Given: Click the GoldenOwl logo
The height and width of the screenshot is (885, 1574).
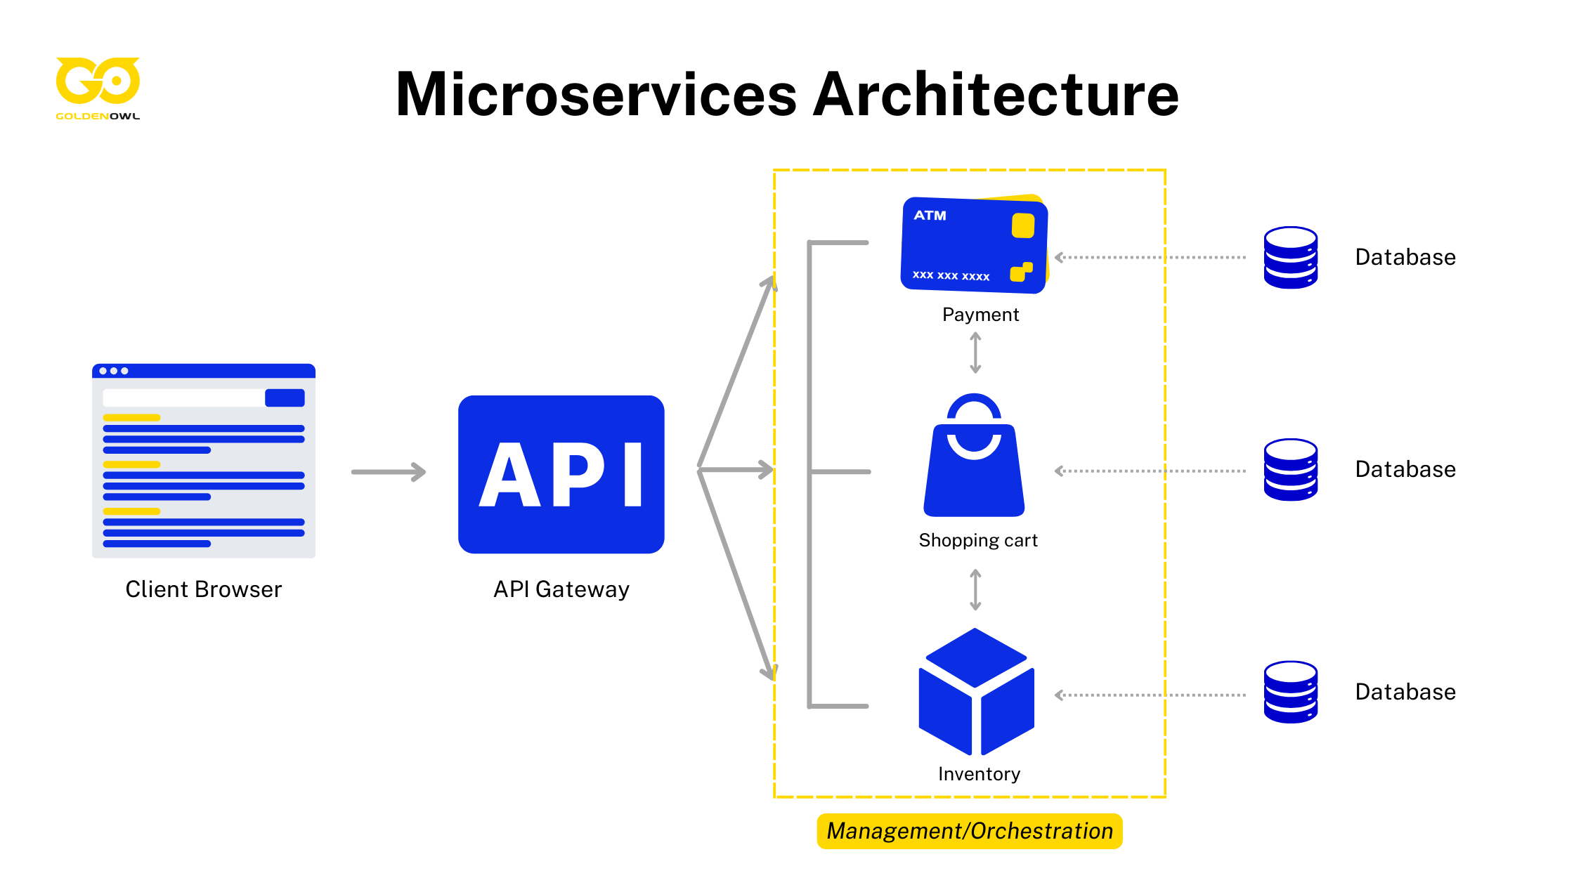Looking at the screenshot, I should [98, 86].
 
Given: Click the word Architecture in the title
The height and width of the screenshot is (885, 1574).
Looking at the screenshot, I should [996, 95].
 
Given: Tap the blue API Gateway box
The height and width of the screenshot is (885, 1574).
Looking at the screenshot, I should [561, 474].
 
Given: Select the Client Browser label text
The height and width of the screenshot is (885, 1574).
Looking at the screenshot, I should [203, 589].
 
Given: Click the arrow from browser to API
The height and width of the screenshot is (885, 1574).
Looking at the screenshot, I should [389, 471].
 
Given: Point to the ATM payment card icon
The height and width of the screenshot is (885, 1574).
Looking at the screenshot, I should [973, 244].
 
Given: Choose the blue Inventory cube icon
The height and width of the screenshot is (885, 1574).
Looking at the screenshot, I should [976, 692].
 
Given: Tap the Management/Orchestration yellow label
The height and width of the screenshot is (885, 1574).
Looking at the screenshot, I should [969, 831].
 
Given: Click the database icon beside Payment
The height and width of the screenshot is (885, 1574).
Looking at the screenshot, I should [1290, 257].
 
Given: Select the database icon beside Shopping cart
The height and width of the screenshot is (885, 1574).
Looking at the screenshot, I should [1290, 470].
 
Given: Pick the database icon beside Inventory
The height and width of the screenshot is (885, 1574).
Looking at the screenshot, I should [1290, 692].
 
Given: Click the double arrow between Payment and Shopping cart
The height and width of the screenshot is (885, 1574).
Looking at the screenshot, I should [975, 353].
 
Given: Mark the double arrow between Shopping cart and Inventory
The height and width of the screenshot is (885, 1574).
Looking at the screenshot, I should [975, 590].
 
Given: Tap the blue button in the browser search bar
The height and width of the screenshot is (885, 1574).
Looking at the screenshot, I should [285, 398].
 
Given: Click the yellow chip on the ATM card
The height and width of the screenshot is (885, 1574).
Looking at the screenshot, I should [1022, 225].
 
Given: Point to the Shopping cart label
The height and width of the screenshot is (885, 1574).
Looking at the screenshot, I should [977, 540].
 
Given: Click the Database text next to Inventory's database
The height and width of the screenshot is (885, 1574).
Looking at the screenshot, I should [1405, 692].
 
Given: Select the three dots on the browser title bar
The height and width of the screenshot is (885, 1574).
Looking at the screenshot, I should [114, 371].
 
